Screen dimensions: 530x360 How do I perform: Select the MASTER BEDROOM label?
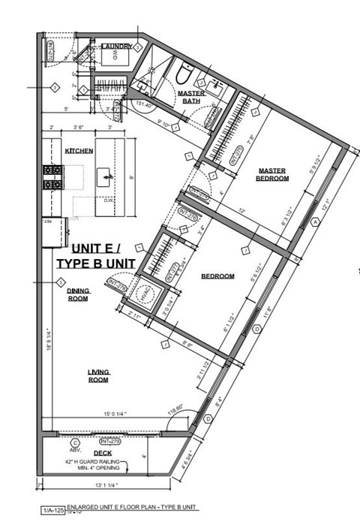point(272,174)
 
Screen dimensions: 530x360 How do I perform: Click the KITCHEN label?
point(79,151)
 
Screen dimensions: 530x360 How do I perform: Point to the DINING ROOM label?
point(77,294)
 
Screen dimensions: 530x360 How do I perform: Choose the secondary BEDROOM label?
point(217,276)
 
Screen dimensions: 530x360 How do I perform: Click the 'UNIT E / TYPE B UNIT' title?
point(95,255)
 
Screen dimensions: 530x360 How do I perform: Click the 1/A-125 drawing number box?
point(51,510)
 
